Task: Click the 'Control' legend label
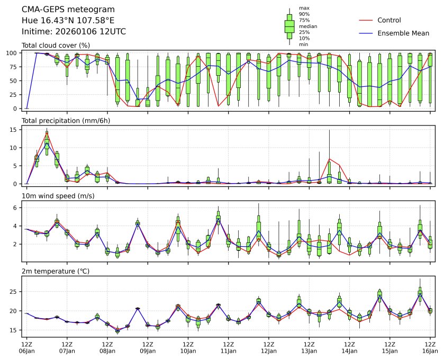(389, 20)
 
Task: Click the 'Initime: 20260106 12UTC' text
(74, 31)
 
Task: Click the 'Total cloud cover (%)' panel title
(55, 46)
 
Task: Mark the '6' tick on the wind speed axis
(16, 208)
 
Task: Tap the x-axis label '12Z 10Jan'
(188, 347)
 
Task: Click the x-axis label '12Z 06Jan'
(26, 347)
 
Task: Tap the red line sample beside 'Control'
(366, 20)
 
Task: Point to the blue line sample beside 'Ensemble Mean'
(366, 33)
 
